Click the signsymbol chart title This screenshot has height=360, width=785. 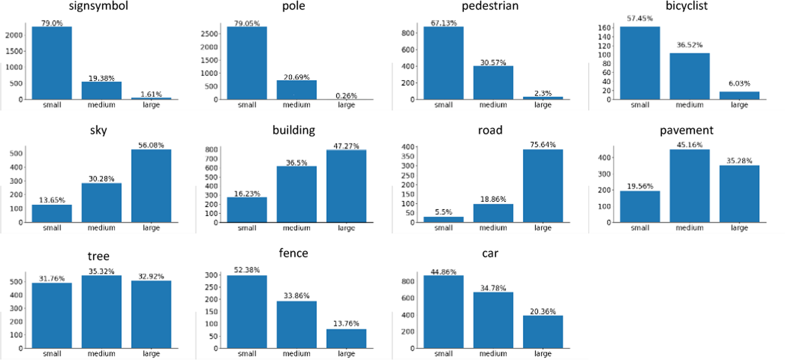pyautogui.click(x=99, y=6)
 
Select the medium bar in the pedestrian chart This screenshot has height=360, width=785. pyautogui.click(x=493, y=83)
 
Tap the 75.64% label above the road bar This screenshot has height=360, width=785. pyautogui.click(x=543, y=145)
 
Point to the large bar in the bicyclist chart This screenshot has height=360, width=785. pyautogui.click(x=739, y=95)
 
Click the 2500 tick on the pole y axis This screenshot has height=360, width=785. pyautogui.click(x=209, y=34)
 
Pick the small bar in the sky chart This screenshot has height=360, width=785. pyautogui.click(x=52, y=214)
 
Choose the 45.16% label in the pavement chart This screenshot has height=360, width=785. pyautogui.click(x=689, y=145)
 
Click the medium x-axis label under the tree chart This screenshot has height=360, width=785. pyautogui.click(x=101, y=353)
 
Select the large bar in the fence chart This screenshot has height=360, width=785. pyautogui.click(x=346, y=339)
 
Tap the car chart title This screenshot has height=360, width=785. pyautogui.click(x=490, y=254)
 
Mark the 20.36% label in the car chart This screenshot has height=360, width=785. pyautogui.click(x=543, y=311)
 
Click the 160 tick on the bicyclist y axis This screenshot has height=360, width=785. pyautogui.click(x=604, y=28)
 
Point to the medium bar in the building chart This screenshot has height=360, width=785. pyautogui.click(x=297, y=194)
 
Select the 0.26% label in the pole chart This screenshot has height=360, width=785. pyautogui.click(x=346, y=95)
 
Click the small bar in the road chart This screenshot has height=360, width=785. pyautogui.click(x=444, y=220)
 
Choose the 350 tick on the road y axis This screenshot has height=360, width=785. pyautogui.click(x=408, y=156)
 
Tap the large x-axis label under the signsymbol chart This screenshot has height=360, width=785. pyautogui.click(x=151, y=105)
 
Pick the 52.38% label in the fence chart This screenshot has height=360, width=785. pyautogui.click(x=247, y=270)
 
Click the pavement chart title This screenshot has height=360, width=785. pyautogui.click(x=686, y=130)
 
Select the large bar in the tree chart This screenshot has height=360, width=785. pyautogui.click(x=151, y=314)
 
